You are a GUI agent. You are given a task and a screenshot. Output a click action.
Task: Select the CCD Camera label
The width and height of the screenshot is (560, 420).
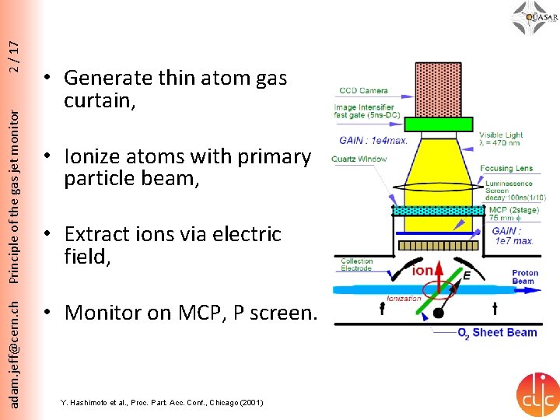363,91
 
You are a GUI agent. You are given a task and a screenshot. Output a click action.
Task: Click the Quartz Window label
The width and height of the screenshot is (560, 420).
359,159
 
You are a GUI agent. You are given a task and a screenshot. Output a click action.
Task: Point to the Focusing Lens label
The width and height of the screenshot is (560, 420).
506,167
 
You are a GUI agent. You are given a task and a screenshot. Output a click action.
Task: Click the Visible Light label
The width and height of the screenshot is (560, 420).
501,135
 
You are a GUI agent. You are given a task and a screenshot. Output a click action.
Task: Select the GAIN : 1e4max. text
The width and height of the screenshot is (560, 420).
372,141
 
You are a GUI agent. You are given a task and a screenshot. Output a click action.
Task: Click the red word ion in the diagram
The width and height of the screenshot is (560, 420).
423,271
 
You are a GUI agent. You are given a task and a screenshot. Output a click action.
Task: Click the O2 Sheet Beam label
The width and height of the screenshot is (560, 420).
496,332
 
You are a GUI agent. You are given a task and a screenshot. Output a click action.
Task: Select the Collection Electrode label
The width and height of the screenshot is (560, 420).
356,265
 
